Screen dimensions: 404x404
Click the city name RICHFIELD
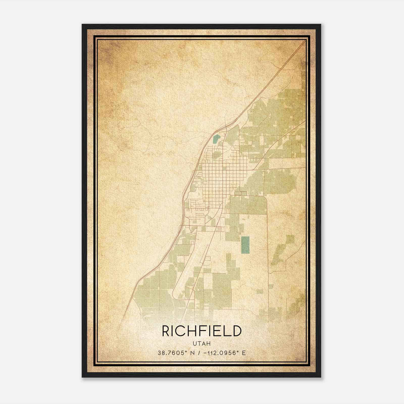[x=201, y=331]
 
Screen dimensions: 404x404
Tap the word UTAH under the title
[x=202, y=344]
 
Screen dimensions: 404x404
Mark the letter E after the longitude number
[x=244, y=353]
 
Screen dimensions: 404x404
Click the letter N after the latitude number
[x=193, y=353]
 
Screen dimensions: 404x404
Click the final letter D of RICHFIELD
[x=237, y=331]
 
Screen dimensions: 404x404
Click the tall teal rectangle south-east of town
[x=245, y=245]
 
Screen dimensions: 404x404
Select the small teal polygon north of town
[x=216, y=139]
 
